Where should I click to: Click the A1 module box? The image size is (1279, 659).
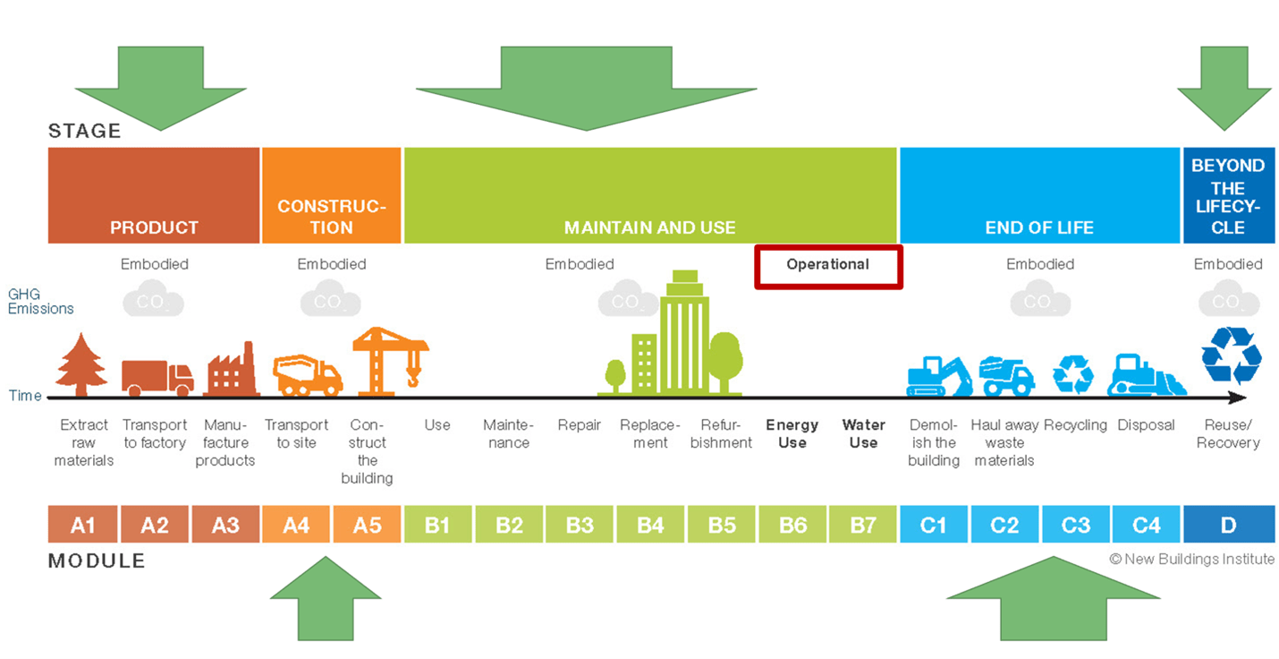82,525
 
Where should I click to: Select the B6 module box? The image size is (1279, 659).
792,525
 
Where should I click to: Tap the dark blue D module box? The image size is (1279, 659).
1228,525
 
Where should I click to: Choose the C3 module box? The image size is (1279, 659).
1075,525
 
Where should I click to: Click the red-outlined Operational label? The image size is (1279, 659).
827,266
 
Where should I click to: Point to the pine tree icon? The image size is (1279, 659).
81,364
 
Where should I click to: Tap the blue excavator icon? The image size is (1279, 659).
938,376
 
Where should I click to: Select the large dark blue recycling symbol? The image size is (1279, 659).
1231,355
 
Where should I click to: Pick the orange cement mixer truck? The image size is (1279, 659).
308,375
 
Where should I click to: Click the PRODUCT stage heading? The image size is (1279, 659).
154,227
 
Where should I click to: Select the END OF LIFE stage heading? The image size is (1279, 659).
1039,227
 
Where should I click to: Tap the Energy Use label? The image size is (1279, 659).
792,433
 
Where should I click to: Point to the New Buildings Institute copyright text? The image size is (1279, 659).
1191,559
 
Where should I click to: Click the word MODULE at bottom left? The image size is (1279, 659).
97,561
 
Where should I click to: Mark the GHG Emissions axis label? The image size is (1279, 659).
40,301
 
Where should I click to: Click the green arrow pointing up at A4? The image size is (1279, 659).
326,601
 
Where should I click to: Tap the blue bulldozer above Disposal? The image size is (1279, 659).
1146,377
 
